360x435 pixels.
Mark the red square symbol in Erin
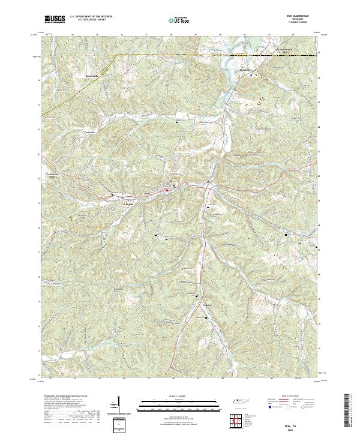pos(167,191)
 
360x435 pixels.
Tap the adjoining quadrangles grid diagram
pos(238,418)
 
